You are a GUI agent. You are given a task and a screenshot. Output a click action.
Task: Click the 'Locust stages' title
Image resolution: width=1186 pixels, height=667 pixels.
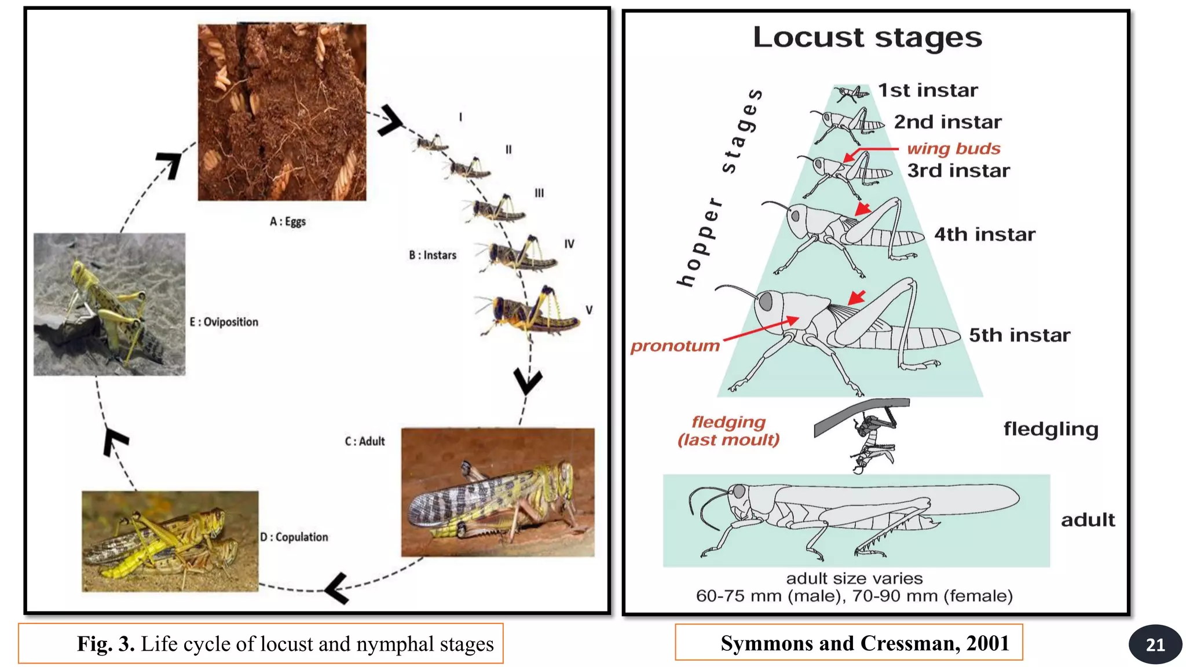click(x=867, y=38)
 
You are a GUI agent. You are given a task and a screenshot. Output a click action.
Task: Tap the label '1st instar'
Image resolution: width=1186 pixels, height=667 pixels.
click(x=928, y=90)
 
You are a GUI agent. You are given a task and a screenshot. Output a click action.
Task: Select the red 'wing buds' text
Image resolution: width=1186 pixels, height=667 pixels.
click(x=953, y=148)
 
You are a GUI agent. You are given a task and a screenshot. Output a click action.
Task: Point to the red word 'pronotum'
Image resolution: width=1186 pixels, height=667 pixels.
click(x=675, y=346)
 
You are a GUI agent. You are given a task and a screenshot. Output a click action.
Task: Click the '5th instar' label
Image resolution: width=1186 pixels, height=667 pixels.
click(x=1019, y=335)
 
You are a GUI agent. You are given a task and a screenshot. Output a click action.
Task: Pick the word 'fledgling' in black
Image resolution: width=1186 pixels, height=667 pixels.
click(x=1050, y=429)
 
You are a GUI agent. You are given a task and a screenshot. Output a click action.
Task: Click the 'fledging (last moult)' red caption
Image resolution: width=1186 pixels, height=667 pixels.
click(x=729, y=431)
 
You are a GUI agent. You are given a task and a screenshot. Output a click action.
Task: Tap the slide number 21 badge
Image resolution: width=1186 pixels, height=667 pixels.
click(x=1155, y=644)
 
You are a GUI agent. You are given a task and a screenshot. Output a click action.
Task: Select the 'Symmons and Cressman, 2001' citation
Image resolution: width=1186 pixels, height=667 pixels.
click(x=865, y=643)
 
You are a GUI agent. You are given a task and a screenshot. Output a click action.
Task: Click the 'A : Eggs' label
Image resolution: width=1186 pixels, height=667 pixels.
click(x=288, y=221)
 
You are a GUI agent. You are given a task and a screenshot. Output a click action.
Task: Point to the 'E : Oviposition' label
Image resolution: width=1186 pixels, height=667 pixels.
click(x=224, y=322)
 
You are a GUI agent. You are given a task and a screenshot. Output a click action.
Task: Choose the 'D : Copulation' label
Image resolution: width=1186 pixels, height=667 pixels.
click(x=294, y=537)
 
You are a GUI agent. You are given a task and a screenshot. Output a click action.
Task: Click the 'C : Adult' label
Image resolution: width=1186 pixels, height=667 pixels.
click(x=365, y=441)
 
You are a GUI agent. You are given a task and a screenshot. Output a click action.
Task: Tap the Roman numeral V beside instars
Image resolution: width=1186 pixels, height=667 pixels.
click(x=589, y=310)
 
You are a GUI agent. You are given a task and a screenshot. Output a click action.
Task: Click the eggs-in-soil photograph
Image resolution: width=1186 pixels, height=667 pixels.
click(x=282, y=112)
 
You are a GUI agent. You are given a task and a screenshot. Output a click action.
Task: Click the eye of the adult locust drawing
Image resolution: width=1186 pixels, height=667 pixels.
click(x=739, y=492)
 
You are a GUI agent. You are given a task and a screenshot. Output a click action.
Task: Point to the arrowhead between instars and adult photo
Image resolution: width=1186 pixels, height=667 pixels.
click(x=528, y=381)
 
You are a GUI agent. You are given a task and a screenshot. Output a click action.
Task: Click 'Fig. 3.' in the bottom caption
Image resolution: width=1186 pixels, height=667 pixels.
click(x=106, y=644)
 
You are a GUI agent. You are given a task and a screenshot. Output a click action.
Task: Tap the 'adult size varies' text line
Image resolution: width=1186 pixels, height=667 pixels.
click(x=854, y=578)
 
